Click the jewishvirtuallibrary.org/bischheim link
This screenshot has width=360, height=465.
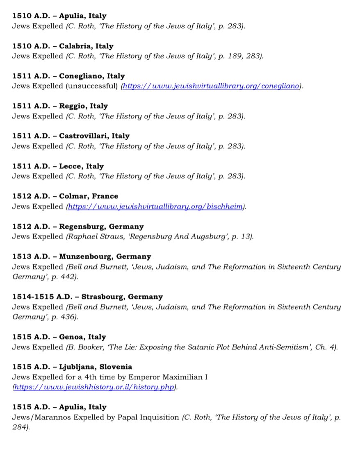[155, 206]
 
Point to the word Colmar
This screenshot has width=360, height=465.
[73, 196]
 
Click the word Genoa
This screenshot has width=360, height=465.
[72, 337]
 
